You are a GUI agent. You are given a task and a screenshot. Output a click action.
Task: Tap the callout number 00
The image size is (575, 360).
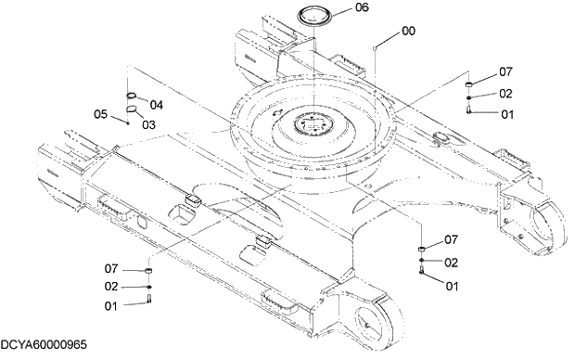tap(409, 31)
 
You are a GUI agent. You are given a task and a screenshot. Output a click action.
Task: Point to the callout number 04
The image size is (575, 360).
tap(156, 104)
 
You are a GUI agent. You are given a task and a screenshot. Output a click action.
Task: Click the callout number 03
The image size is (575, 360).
tap(148, 123)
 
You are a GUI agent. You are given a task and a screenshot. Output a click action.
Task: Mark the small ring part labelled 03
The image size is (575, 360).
tap(134, 110)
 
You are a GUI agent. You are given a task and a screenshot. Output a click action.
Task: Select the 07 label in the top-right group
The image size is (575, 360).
tap(505, 71)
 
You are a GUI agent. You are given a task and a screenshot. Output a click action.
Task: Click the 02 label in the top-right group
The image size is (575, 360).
tap(505, 93)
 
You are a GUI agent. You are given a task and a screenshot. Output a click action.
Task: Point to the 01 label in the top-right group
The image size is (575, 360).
tap(506, 115)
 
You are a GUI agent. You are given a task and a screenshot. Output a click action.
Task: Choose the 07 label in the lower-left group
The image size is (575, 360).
tap(111, 269)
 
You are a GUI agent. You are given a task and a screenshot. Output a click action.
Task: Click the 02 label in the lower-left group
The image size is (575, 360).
tap(111, 287)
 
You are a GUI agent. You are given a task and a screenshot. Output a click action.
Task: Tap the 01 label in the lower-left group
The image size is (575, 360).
tap(111, 306)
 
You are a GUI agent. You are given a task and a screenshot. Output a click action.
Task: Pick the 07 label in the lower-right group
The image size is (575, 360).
tap(452, 239)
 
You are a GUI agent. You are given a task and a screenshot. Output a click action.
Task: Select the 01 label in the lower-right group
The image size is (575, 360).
tap(452, 287)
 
